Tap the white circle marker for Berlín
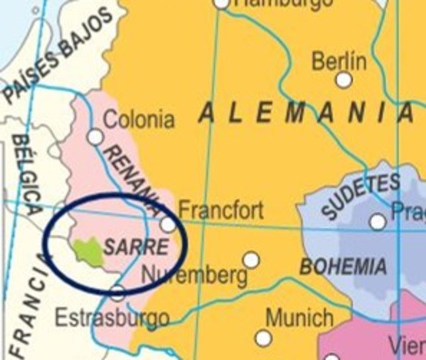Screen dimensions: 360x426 (x=343, y=79)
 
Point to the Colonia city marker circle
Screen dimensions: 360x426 (x=94, y=136)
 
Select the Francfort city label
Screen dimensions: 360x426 (x=220, y=209)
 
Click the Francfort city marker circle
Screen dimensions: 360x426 (x=168, y=224)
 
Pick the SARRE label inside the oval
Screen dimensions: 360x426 (x=136, y=247)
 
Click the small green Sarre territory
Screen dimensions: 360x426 (x=88, y=250)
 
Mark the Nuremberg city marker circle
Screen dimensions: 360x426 (x=251, y=260)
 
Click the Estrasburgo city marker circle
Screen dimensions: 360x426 (x=117, y=293)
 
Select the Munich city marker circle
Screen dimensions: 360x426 (x=263, y=338)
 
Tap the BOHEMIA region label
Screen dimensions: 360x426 (x=343, y=265)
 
